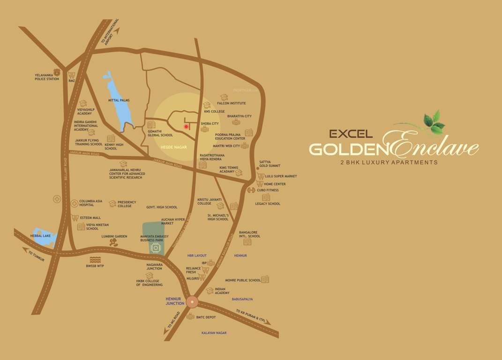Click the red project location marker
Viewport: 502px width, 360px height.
[186, 127]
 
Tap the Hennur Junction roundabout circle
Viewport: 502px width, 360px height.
[192, 301]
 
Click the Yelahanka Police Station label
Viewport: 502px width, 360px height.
[47, 77]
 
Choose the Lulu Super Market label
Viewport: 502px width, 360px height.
[281, 176]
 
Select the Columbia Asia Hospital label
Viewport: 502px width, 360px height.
[90, 203]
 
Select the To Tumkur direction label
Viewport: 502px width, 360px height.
[36, 255]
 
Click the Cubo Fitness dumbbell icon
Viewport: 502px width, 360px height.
[251, 190]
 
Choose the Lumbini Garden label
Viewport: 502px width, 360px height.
[114, 236]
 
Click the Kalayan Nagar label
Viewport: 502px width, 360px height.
[214, 333]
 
